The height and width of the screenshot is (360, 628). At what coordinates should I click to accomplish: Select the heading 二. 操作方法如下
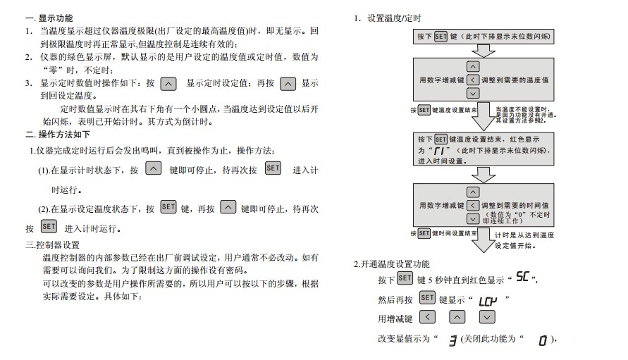click(58, 135)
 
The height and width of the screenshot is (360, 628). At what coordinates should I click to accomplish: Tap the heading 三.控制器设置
click(52, 245)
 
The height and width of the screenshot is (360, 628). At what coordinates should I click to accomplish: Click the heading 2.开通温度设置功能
click(391, 264)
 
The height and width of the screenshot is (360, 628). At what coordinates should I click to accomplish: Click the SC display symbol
click(521, 278)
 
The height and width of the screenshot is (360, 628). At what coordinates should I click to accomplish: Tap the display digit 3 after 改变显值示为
click(452, 341)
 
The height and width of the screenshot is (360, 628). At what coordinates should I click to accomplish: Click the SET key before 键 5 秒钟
click(405, 279)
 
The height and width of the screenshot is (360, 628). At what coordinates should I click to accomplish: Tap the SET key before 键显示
click(427, 299)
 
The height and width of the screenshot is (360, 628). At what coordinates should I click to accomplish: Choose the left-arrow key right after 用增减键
click(427, 318)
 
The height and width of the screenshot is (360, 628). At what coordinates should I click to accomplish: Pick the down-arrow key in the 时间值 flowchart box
click(473, 218)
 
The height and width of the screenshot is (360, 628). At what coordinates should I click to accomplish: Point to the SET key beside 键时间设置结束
click(424, 232)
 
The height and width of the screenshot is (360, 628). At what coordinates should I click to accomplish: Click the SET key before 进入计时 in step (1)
click(273, 169)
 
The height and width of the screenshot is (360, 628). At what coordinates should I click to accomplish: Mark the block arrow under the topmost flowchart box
click(483, 51)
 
